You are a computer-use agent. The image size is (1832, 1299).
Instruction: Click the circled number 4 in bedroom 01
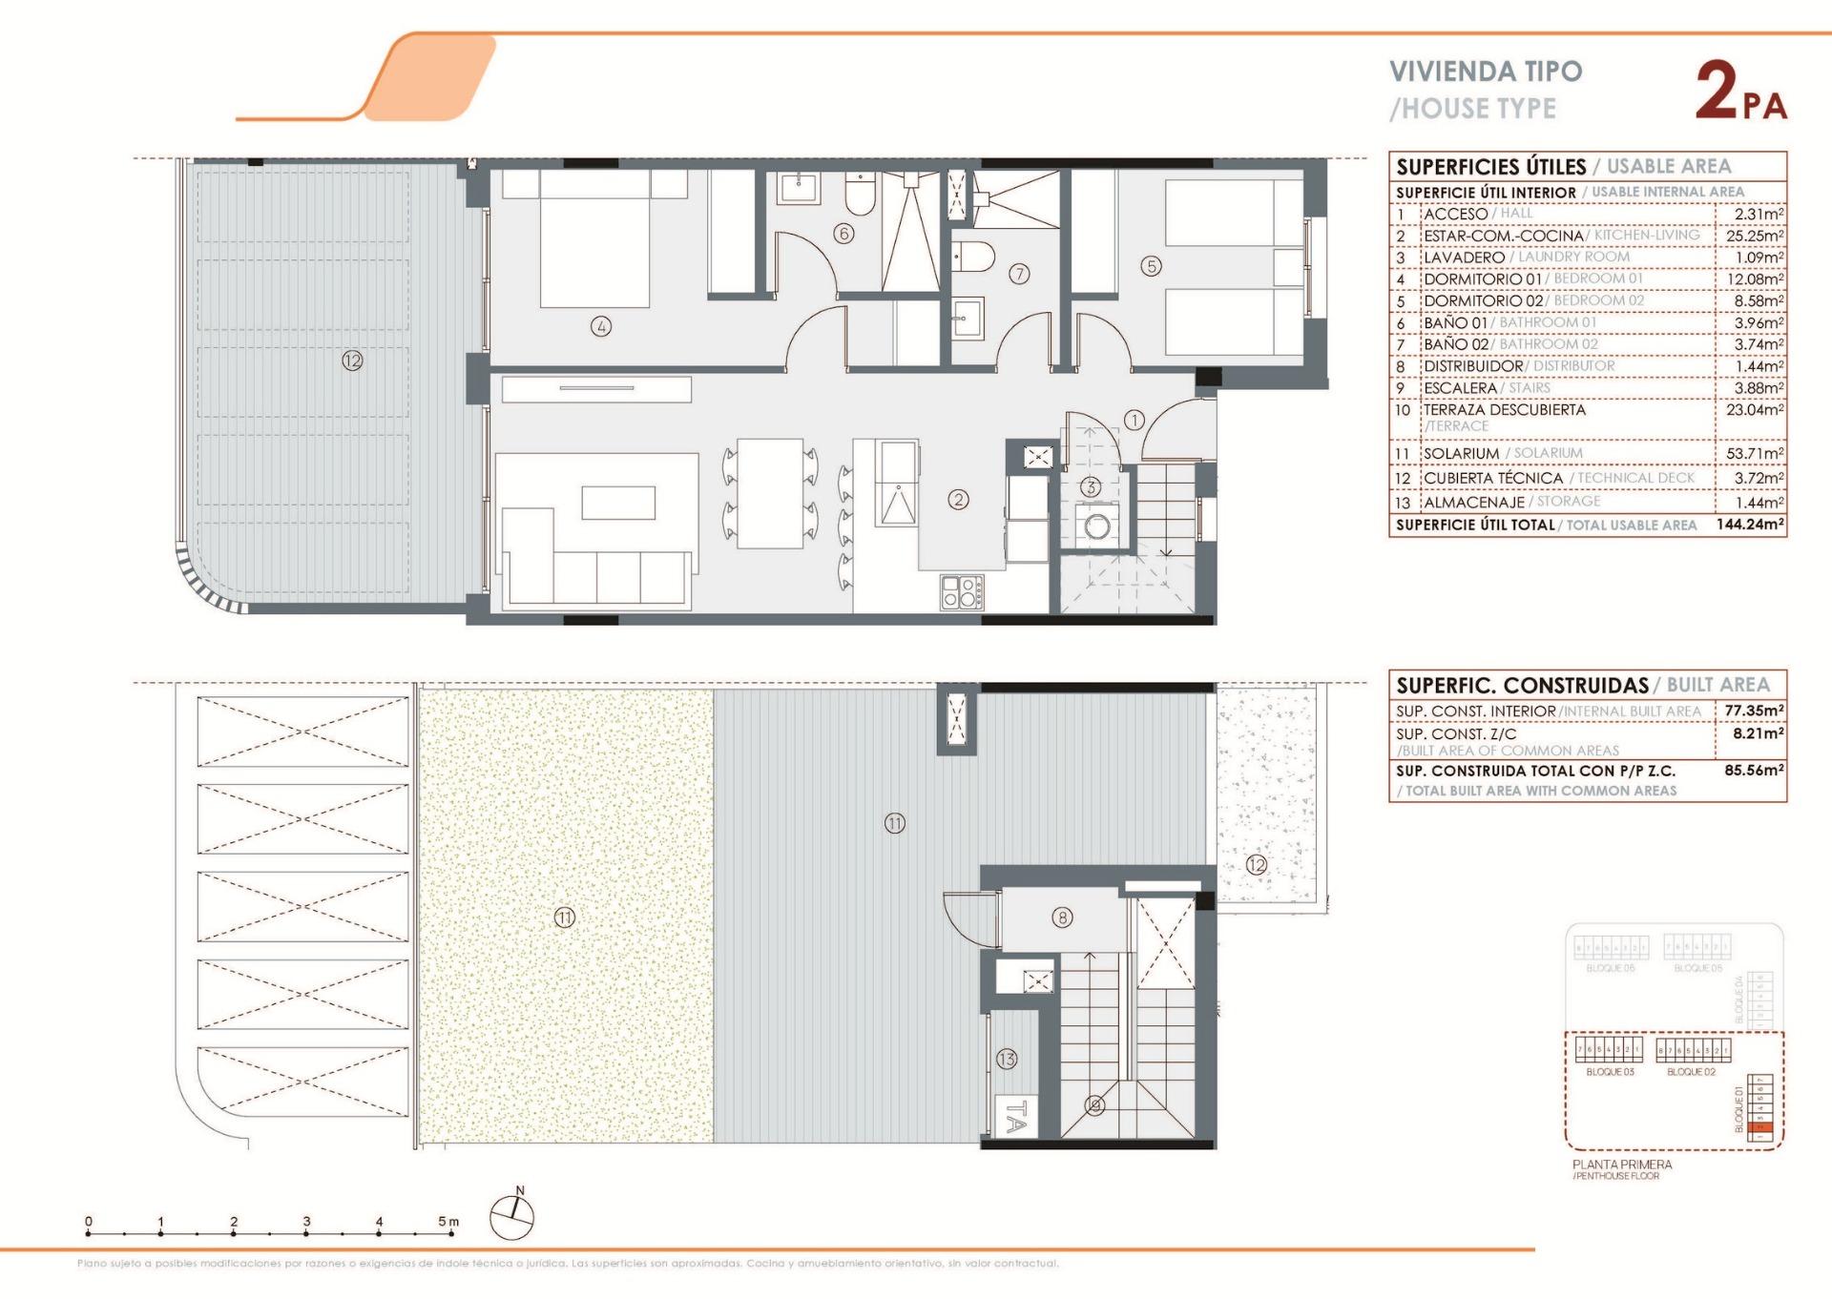click(x=600, y=327)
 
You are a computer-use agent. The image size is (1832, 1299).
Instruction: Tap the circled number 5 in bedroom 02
click(x=1151, y=266)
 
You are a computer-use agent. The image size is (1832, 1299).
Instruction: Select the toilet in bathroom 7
click(x=973, y=257)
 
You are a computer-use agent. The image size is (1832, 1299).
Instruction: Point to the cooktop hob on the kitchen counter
click(x=962, y=591)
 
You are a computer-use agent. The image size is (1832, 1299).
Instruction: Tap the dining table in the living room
click(x=769, y=493)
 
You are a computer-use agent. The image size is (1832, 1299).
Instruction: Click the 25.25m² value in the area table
click(x=1754, y=236)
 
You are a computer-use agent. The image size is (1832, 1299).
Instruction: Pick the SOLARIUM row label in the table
click(x=1461, y=453)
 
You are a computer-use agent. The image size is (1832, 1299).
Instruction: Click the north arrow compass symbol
click(x=512, y=1217)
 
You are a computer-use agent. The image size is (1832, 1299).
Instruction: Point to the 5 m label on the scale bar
click(x=448, y=1221)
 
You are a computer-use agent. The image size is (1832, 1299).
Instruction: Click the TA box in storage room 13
click(x=1015, y=1116)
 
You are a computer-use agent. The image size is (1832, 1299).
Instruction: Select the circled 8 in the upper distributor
click(x=1062, y=918)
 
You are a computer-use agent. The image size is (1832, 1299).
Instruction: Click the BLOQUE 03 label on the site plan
click(x=1610, y=1072)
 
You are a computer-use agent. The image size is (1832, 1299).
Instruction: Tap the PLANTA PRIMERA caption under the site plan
click(x=1621, y=1165)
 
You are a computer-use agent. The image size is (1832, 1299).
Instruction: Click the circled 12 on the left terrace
click(x=352, y=361)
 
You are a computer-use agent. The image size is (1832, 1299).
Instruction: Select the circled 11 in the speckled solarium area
click(x=565, y=918)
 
